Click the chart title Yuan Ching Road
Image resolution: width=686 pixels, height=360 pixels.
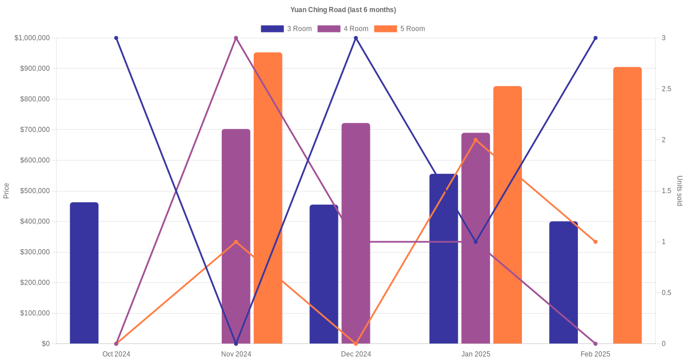point(343,10)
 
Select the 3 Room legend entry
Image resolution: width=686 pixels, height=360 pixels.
point(286,29)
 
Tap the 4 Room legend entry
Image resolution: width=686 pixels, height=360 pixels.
point(342,29)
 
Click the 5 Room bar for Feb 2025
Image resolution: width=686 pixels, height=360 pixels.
point(627,206)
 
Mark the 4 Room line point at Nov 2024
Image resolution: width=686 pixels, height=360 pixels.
point(236,38)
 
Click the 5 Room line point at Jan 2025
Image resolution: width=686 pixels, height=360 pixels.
point(476,140)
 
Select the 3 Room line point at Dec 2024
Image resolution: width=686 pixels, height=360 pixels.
point(356,38)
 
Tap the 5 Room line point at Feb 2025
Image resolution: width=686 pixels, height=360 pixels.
point(595,242)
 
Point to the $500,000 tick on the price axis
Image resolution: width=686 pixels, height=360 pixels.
point(34,191)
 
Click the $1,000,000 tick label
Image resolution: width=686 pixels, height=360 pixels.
point(32,38)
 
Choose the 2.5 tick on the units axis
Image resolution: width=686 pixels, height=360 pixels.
point(666,89)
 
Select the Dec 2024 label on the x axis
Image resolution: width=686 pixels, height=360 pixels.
point(356,354)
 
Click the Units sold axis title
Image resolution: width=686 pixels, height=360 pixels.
point(680,191)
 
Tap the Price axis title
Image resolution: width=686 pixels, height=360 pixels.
point(6,191)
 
